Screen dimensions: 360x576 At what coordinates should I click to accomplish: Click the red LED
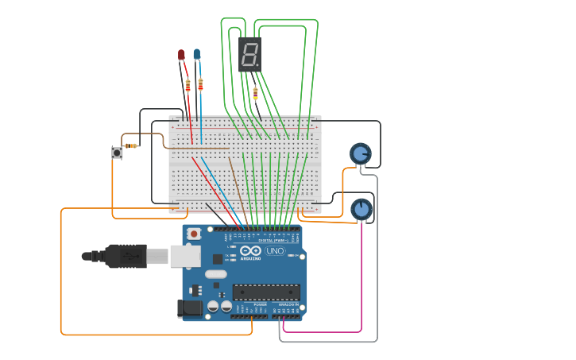click(181, 55)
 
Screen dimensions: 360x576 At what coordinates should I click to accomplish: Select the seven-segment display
click(249, 54)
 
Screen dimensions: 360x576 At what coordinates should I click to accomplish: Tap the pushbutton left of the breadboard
click(117, 152)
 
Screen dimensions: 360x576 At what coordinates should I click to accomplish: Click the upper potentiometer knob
click(361, 153)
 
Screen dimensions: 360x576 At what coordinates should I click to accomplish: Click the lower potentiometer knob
click(361, 209)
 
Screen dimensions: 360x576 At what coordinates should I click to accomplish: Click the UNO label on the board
click(275, 251)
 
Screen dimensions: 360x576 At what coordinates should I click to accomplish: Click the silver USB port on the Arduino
click(185, 255)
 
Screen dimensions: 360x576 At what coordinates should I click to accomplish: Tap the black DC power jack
click(189, 308)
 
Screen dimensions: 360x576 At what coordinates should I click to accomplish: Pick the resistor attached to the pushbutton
click(133, 145)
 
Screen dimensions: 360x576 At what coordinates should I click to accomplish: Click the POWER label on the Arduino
click(260, 304)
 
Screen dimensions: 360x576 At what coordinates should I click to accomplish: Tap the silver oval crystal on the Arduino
click(215, 274)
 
